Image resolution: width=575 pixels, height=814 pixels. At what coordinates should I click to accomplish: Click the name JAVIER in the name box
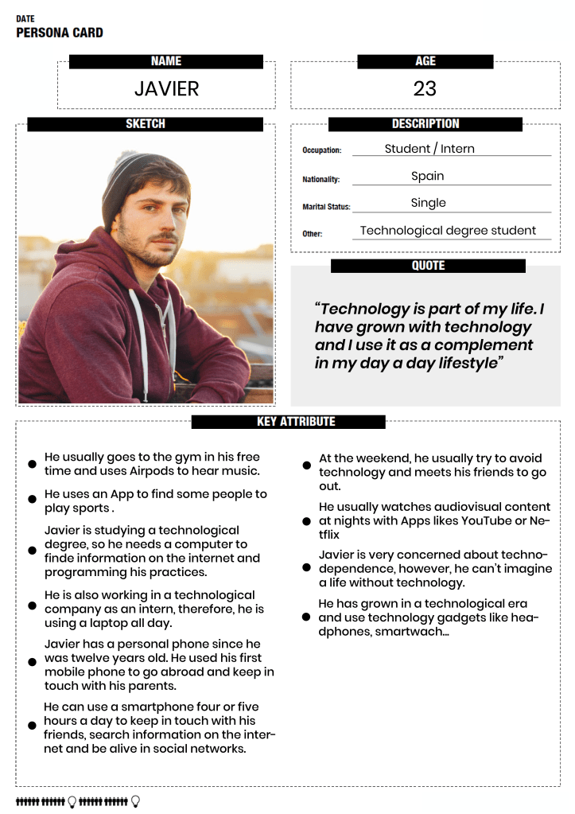pos(166,88)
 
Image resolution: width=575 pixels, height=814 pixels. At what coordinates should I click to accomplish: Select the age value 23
pos(425,88)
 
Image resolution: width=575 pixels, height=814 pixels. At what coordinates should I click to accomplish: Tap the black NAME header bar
pos(166,61)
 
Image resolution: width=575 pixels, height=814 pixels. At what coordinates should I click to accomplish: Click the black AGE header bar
pos(425,61)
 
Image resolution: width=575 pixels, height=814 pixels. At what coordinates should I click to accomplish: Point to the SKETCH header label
pos(146,124)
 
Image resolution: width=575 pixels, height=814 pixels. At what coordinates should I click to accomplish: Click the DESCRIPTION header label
pos(425,124)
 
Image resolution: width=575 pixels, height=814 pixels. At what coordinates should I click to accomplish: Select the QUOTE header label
pos(428,266)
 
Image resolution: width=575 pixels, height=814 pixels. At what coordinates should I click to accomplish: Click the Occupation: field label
pos(321,150)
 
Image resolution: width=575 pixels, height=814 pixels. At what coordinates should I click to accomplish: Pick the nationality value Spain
pos(428,176)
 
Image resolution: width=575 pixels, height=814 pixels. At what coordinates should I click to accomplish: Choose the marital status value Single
pos(428,203)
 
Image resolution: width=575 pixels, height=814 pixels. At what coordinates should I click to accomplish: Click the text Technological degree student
pos(448,231)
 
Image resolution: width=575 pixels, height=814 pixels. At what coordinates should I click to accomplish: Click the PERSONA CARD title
pos(60,33)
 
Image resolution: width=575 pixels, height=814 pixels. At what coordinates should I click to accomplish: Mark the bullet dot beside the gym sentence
pos(33,464)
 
